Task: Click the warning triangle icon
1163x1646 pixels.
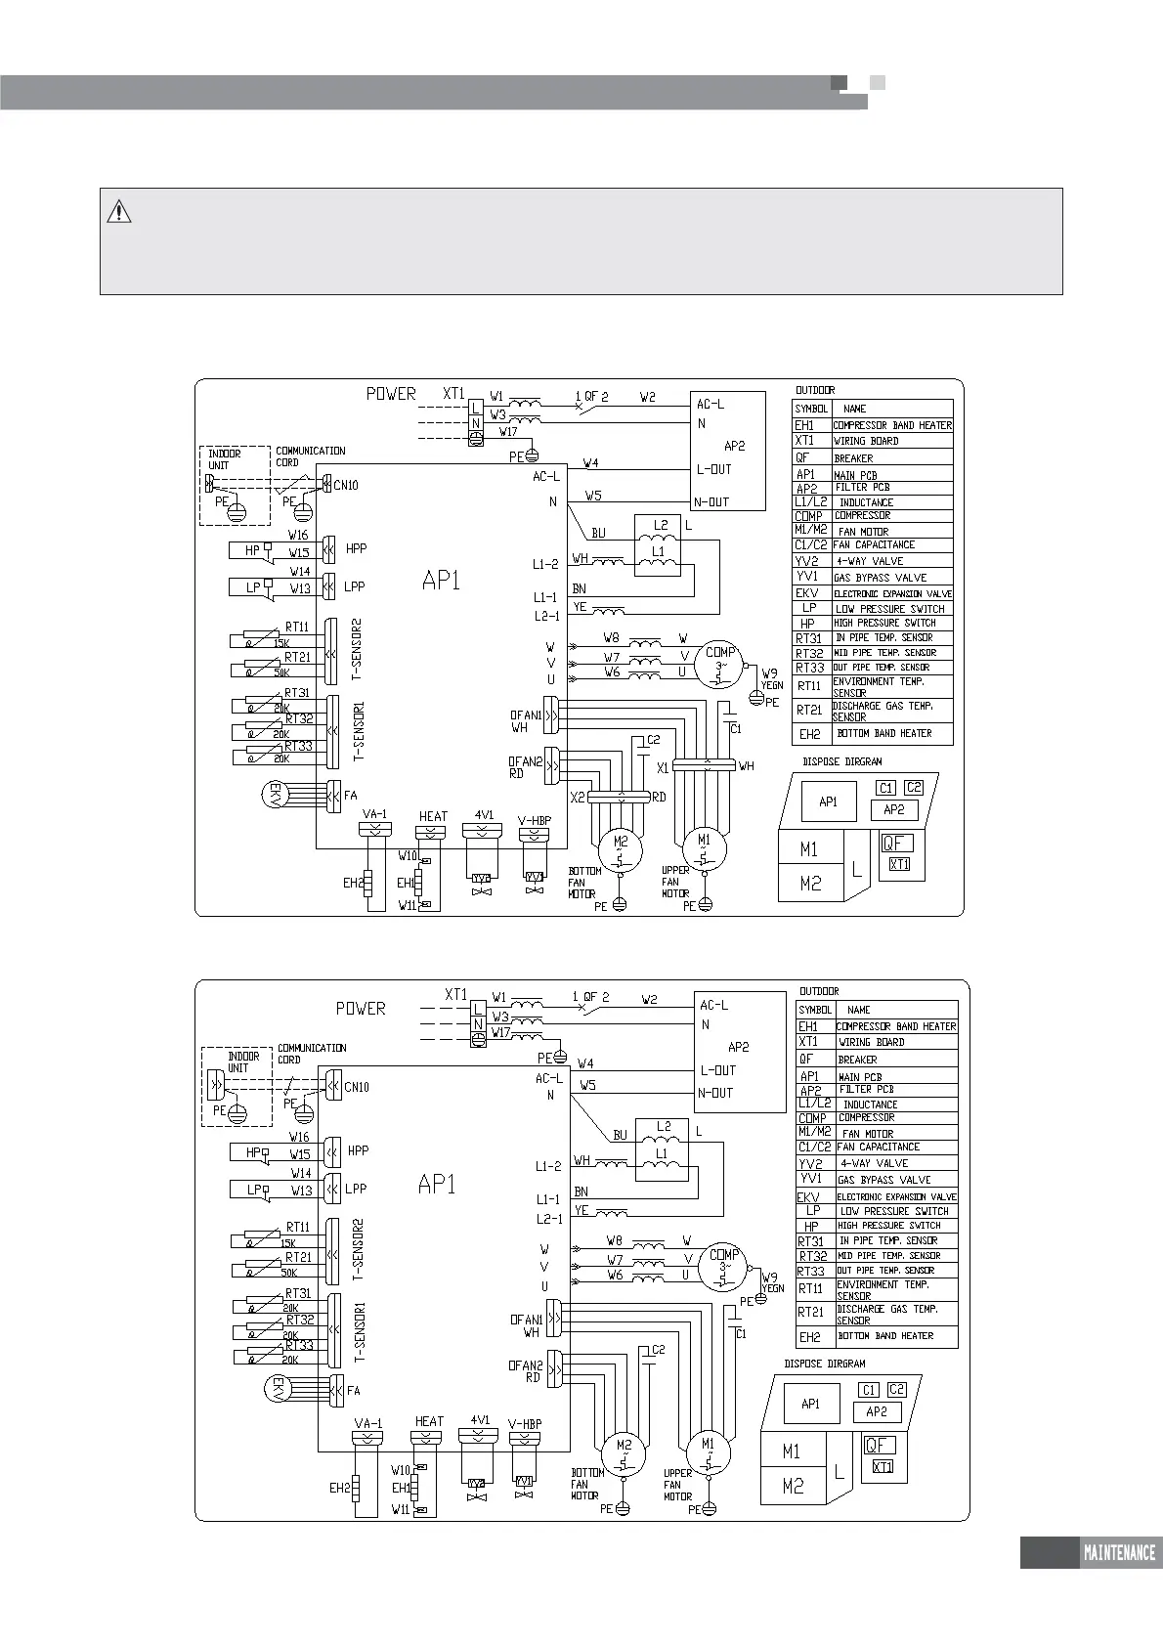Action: [x=118, y=211]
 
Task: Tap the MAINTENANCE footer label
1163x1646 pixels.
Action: [x=1119, y=1553]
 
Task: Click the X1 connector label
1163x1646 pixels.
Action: [x=663, y=769]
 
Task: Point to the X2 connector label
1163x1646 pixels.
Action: [x=578, y=798]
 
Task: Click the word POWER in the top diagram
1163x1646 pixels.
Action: [x=391, y=394]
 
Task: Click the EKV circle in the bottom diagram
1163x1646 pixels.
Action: [x=278, y=1390]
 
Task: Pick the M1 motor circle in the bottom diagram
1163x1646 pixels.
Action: [x=708, y=1451]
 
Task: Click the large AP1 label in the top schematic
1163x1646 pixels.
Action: [x=441, y=581]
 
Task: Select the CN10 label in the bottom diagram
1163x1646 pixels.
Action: [x=357, y=1087]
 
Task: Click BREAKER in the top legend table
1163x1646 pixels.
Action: [x=853, y=458]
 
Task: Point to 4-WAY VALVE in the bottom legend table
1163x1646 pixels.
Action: [x=874, y=1163]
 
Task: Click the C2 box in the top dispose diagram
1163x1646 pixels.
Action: [x=913, y=788]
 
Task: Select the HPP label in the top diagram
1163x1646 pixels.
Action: [x=356, y=549]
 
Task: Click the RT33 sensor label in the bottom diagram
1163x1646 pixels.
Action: [x=299, y=1345]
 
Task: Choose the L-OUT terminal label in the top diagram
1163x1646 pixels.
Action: [x=713, y=469]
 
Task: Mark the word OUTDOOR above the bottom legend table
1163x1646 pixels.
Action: [x=819, y=991]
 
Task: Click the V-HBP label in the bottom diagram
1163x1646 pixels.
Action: [x=525, y=1423]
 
